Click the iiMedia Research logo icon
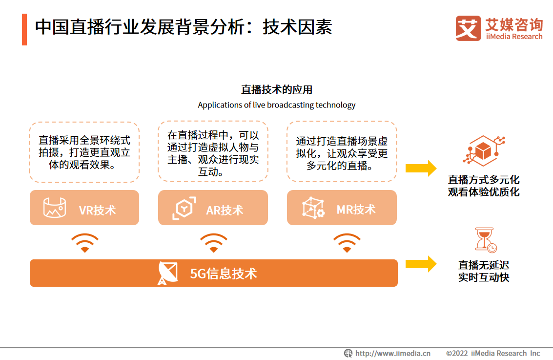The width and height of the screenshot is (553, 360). point(468,28)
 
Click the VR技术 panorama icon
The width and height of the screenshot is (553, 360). point(55,208)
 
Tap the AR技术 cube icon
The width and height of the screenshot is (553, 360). point(184,208)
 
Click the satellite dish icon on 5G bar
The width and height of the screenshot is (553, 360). point(168,273)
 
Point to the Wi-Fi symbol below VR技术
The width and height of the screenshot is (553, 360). point(84,242)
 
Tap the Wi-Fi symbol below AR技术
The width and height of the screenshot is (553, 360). point(214,242)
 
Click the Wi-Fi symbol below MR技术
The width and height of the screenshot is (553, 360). point(347,242)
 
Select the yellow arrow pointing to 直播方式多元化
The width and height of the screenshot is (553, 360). point(421,169)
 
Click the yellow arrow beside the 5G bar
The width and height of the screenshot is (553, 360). point(421,264)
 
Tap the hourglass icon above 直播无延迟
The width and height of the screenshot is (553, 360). point(486,240)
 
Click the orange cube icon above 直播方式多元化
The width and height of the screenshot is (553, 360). point(484,151)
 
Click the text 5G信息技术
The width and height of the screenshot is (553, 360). point(223,274)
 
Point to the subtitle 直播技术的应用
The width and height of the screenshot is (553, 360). point(276,90)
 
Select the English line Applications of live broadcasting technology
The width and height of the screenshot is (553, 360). point(276,105)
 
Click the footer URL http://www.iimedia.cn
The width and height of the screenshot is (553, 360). point(393,353)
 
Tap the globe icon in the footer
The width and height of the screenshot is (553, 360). point(348,353)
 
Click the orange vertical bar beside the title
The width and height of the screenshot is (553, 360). point(24,30)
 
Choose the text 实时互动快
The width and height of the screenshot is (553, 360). point(484,277)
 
